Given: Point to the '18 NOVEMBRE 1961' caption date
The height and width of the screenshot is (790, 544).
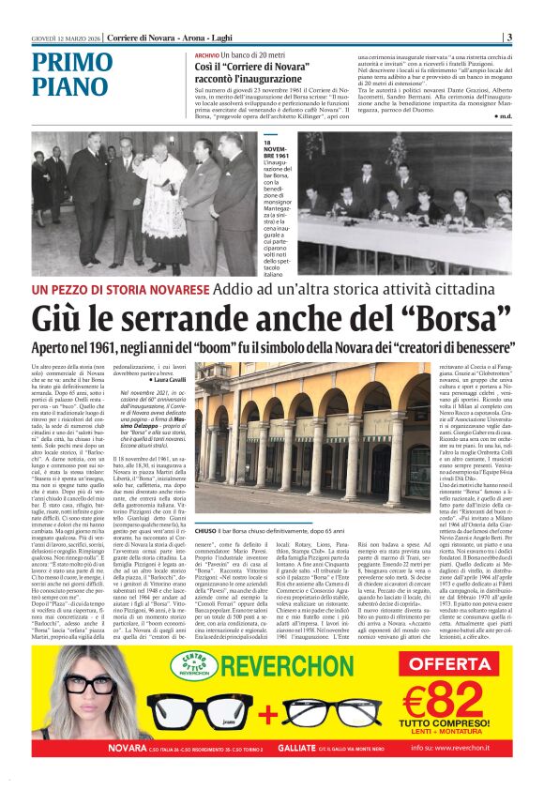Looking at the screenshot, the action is coord(276,150).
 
